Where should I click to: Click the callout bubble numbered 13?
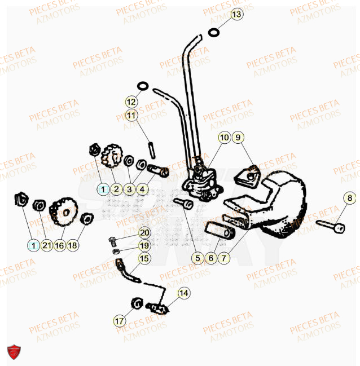tap(236, 14)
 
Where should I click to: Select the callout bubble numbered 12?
tap(131, 103)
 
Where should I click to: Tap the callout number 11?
tap(131, 116)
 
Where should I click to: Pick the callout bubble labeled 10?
tap(224, 137)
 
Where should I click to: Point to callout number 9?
tap(238, 137)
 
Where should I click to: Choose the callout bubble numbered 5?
tap(197, 259)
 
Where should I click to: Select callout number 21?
tap(46, 245)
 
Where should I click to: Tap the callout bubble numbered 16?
tap(59, 245)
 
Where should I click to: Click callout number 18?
tap(73, 245)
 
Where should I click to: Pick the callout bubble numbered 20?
tap(144, 233)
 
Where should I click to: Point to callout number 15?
tap(144, 258)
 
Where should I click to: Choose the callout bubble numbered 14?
tap(184, 293)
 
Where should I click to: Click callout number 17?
tap(119, 321)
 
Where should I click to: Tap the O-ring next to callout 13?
tap(214, 32)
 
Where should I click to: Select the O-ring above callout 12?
tap(143, 86)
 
